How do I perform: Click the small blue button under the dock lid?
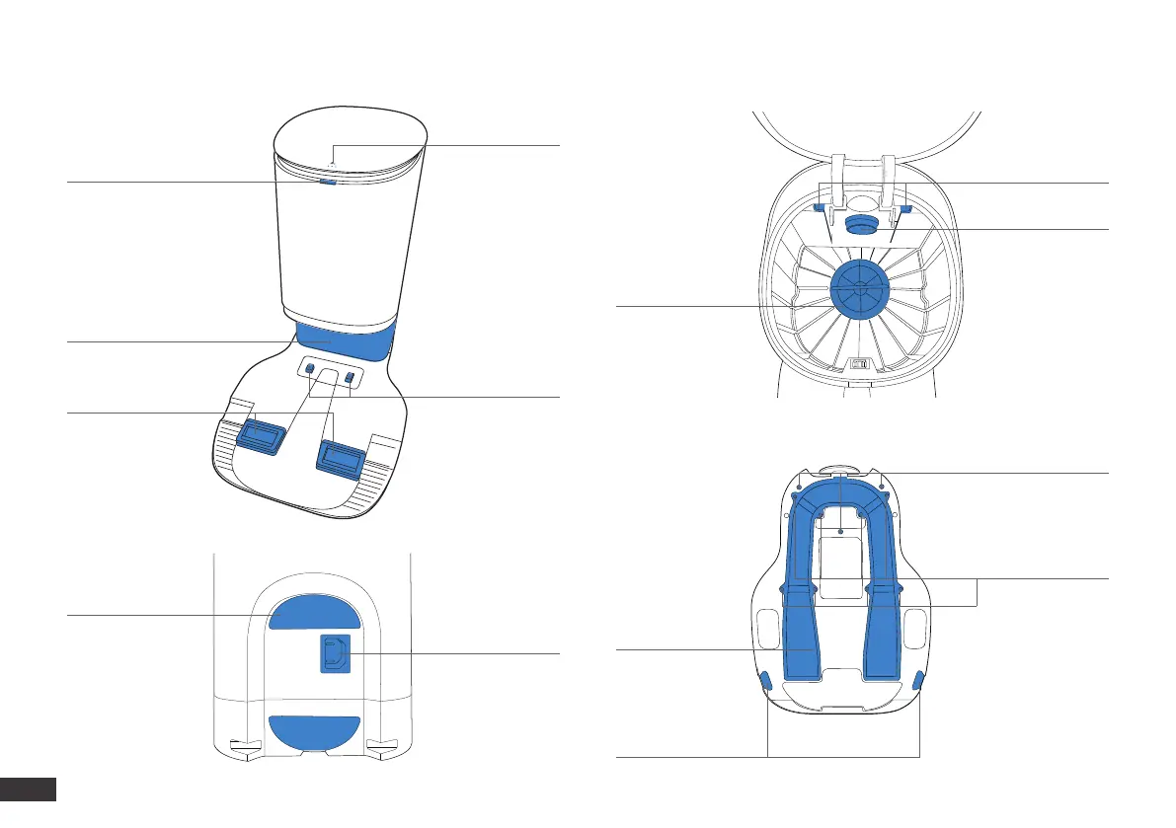tap(328, 182)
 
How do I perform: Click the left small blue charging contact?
tap(308, 368)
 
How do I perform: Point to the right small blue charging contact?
tap(349, 377)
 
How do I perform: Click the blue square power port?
tap(334, 653)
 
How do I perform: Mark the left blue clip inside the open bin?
tap(818, 208)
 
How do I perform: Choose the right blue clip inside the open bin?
tap(904, 209)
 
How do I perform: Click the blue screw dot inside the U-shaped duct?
tap(840, 531)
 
